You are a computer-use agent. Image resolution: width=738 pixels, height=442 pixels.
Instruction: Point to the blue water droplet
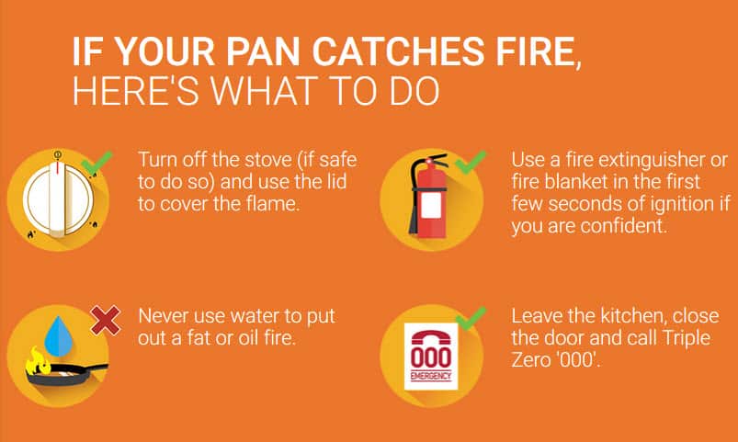point(59,336)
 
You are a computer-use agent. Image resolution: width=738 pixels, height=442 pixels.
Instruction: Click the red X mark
point(106,320)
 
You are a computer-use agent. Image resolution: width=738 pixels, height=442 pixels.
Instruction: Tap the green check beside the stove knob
point(97,162)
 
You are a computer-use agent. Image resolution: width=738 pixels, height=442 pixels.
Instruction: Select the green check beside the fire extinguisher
point(471,162)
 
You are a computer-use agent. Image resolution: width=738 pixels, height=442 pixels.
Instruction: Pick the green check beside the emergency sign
point(471,318)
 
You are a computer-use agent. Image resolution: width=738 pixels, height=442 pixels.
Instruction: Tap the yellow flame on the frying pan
point(38,360)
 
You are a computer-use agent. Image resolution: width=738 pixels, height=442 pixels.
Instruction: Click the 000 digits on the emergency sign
point(431,358)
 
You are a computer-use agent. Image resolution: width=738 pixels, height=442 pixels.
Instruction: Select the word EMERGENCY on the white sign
point(431,376)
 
